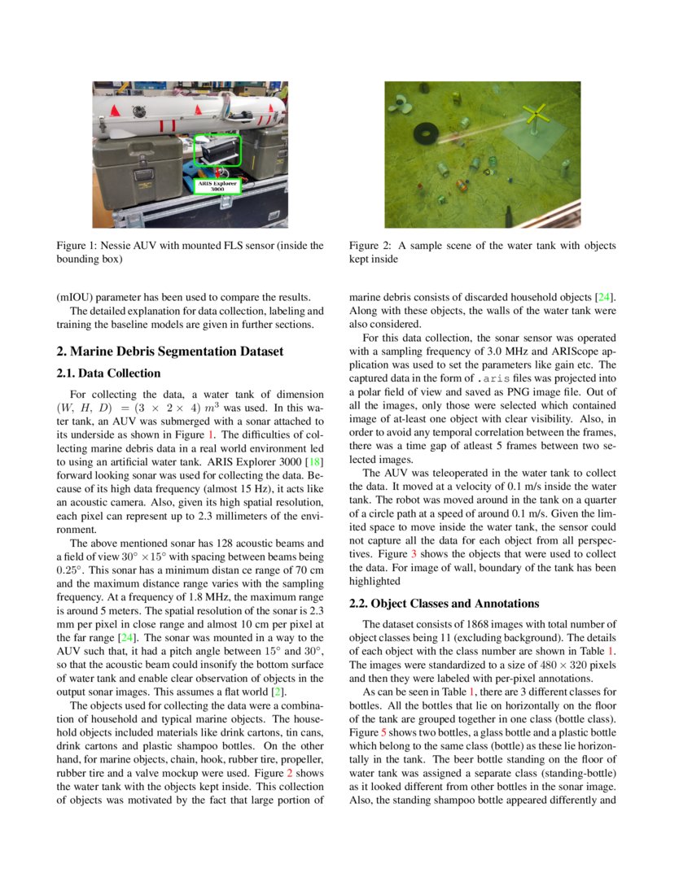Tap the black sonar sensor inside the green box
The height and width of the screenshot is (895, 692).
pos(219,151)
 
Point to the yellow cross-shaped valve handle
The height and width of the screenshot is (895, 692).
pos(535,115)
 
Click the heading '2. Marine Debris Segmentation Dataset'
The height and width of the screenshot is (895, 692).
pos(169,351)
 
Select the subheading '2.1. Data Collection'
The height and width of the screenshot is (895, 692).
pos(108,373)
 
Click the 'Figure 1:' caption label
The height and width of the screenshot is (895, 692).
pos(80,246)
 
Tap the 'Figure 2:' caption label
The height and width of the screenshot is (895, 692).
pos(372,246)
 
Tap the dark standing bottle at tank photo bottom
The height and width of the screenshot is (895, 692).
pos(508,216)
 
